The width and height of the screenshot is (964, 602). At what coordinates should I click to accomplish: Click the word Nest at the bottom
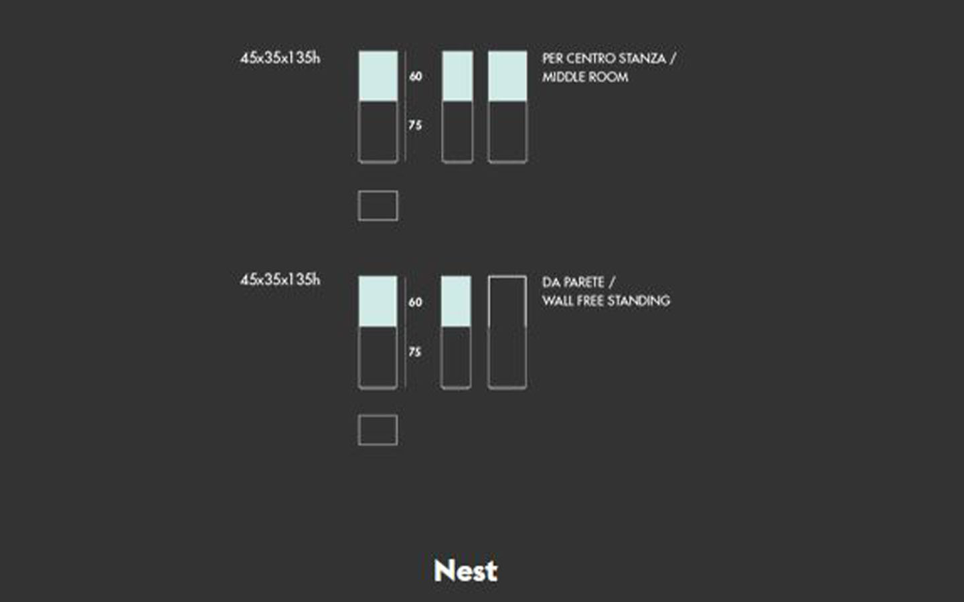point(466,571)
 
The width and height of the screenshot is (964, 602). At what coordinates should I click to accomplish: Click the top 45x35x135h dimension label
point(280,58)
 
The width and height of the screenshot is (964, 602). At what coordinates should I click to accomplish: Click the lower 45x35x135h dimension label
point(280,280)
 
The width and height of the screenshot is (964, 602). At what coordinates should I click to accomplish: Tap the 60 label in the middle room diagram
point(415,76)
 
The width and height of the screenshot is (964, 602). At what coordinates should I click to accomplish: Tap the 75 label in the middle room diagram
point(415,125)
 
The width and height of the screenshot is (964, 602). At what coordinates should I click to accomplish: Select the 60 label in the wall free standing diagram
point(415,302)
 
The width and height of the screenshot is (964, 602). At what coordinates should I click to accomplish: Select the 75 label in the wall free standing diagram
point(415,352)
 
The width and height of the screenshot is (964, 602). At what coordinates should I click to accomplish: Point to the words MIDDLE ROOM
point(585,77)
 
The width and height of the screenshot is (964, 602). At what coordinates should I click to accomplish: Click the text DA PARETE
point(573,282)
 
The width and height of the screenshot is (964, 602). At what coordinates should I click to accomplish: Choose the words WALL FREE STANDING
point(606,300)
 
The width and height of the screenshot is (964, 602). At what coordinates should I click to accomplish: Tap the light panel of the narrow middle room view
point(457,76)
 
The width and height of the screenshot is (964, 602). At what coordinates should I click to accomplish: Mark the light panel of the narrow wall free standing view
point(456,302)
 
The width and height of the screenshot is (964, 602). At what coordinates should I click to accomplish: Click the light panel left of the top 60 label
point(378,76)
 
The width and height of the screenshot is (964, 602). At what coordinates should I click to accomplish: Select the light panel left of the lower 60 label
point(378,302)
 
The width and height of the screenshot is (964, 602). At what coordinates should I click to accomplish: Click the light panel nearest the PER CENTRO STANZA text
point(507,76)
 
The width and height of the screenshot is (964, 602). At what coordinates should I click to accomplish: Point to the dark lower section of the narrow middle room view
point(457,132)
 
